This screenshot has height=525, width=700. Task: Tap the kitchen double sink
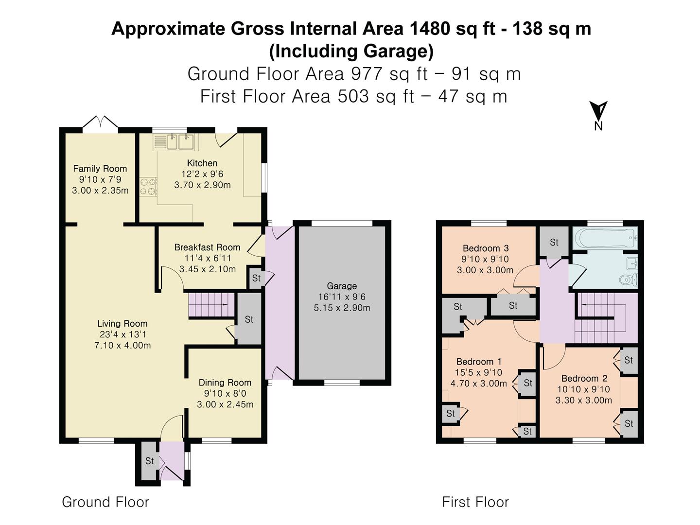(x=174, y=142)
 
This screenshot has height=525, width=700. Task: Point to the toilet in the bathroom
(x=628, y=280)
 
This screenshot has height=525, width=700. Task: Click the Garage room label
(x=342, y=286)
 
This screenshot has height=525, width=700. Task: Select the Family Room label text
(x=100, y=169)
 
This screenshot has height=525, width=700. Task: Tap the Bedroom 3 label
(x=486, y=248)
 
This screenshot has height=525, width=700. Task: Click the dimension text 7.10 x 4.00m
(x=122, y=346)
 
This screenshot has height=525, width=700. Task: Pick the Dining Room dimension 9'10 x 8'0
(x=225, y=393)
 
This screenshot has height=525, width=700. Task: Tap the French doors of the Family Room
(x=100, y=123)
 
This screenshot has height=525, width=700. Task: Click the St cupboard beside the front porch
(x=149, y=461)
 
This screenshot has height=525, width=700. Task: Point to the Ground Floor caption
(x=105, y=502)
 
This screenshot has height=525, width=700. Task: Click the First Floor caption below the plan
(x=475, y=502)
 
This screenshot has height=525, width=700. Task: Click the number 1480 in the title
(x=430, y=29)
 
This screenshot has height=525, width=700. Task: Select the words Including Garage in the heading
(x=351, y=51)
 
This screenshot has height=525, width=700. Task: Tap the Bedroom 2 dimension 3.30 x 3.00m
(x=584, y=401)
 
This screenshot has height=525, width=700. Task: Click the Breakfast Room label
(x=207, y=247)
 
